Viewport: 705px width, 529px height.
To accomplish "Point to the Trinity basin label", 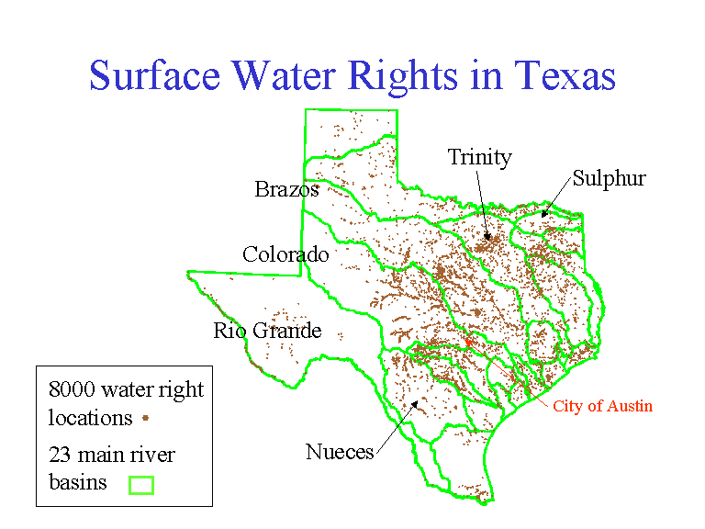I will [479, 158].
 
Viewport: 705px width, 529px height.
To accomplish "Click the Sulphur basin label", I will [609, 178].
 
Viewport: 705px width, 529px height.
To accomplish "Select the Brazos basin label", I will [287, 190].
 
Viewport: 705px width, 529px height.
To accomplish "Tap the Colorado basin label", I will [285, 254].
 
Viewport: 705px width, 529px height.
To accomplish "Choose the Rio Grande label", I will [267, 331].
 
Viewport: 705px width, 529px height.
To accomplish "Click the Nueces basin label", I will [340, 452].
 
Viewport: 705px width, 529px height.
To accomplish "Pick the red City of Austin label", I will [602, 406].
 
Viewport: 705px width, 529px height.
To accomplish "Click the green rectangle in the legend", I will [140, 483].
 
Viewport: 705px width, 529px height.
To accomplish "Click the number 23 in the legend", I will [60, 455].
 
